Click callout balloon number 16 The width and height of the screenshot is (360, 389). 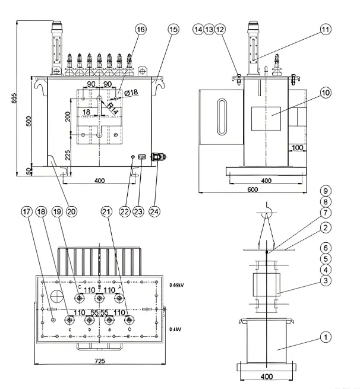coord(140,29)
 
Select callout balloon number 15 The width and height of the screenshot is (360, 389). coord(173,29)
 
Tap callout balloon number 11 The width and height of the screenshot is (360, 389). coord(325,29)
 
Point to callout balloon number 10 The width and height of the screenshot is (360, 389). coord(325,93)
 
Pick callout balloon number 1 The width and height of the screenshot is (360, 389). coord(325,337)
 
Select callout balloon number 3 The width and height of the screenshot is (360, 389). coord(325,280)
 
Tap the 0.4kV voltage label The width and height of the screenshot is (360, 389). coord(176,329)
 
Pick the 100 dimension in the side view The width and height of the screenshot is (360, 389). coord(298,147)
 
